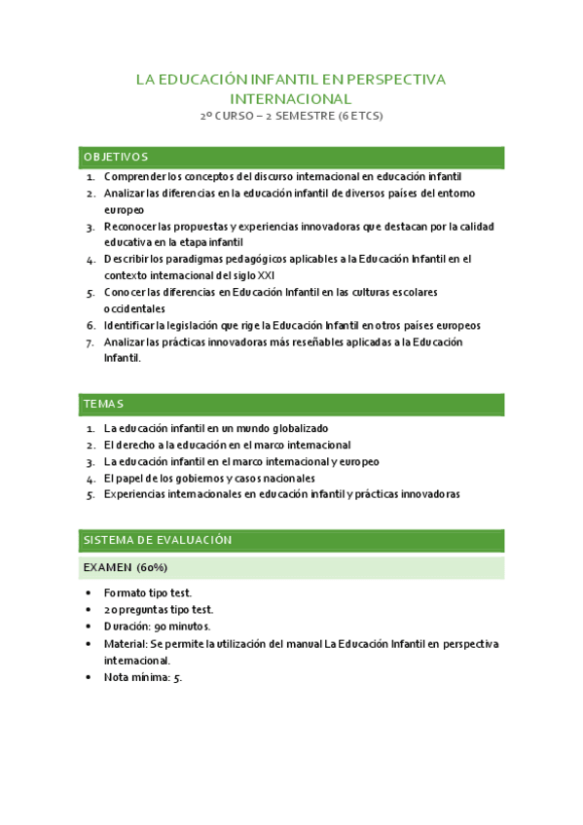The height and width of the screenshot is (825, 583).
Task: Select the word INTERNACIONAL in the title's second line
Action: click(291, 98)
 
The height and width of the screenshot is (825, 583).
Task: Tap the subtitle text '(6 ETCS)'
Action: click(360, 117)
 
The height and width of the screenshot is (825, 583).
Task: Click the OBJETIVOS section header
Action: click(116, 157)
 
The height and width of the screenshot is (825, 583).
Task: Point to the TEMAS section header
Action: click(103, 404)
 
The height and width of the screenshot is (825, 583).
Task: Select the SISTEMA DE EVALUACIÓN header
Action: click(157, 540)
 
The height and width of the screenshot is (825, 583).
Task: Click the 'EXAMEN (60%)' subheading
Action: click(126, 567)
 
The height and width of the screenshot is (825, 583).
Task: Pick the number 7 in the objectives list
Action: click(90, 342)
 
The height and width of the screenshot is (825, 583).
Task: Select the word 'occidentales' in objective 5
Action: click(134, 308)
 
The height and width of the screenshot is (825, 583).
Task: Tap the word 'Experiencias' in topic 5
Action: click(136, 494)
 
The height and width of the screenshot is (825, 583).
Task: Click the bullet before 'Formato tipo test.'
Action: click(90, 592)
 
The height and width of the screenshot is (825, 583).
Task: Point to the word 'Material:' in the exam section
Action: click(126, 644)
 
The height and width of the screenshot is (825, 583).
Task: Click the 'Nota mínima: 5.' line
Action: click(143, 677)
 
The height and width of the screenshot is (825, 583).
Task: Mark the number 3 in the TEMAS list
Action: click(90, 461)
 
